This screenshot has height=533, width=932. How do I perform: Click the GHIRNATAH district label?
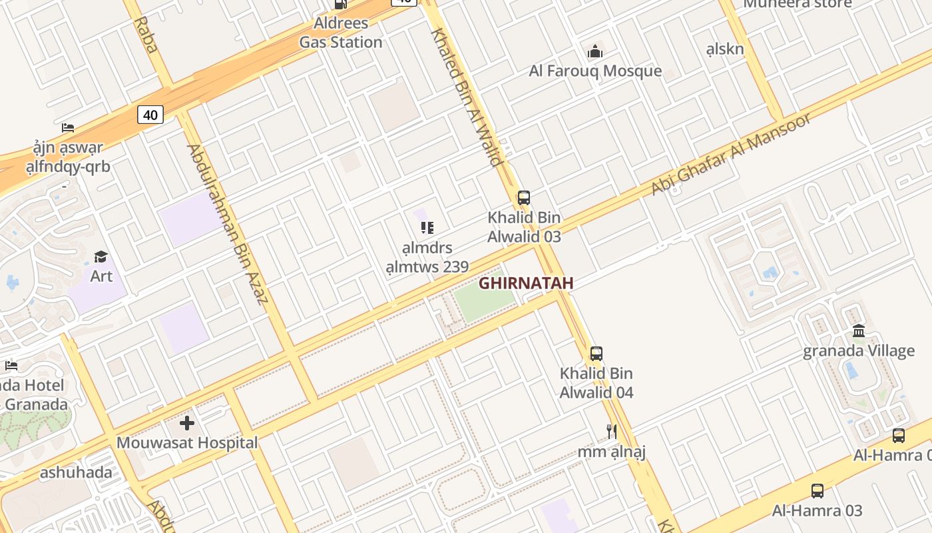526,283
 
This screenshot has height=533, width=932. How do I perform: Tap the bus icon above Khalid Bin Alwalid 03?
524,198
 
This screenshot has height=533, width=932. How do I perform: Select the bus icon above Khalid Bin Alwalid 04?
596,354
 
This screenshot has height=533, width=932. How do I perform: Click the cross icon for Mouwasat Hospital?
187,422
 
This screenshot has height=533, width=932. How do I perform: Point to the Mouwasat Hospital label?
187,443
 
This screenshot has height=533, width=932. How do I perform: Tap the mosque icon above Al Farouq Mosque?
595,51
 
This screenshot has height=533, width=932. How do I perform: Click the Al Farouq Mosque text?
595,71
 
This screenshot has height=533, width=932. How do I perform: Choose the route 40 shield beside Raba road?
150,115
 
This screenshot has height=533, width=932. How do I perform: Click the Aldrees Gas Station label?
341,33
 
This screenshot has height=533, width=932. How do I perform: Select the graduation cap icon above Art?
101,257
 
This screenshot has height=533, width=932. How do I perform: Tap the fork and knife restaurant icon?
612,432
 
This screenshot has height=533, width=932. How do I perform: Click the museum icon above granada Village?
859,331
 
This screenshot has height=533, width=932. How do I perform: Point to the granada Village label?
859,351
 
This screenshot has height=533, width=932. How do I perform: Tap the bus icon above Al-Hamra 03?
817,491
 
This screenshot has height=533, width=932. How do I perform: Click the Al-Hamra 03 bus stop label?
817,511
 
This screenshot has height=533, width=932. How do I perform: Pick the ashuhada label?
76,473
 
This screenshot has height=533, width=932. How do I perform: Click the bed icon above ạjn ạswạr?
68,128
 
